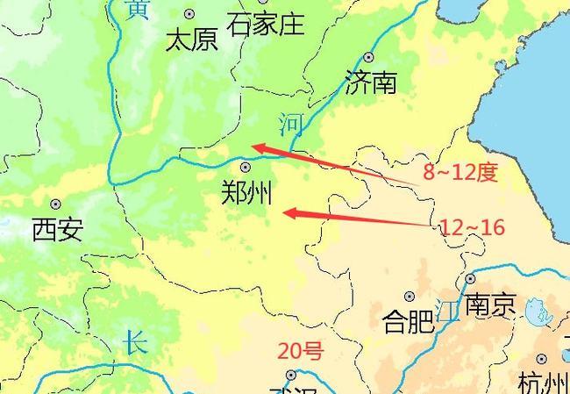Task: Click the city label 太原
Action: click(191, 39)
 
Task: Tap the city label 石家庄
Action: click(265, 24)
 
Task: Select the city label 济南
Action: click(370, 82)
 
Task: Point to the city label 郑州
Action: click(248, 192)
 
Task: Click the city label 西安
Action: click(57, 230)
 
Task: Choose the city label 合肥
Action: click(409, 322)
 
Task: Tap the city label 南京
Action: click(489, 305)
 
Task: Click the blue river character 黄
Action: click(138, 10)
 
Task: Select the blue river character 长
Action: click(134, 341)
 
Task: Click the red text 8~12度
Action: click(460, 173)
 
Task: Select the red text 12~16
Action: click(473, 228)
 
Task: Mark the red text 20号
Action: click(301, 352)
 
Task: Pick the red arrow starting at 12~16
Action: click(360, 217)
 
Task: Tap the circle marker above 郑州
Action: click(246, 167)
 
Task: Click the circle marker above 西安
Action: click(56, 204)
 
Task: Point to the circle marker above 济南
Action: click(368, 57)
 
